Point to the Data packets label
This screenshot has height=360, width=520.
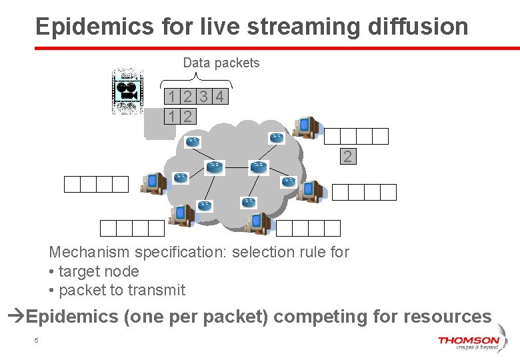pyautogui.click(x=221, y=63)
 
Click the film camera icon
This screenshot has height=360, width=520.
pyautogui.click(x=127, y=91)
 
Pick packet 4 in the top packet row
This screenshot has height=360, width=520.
pyautogui.click(x=220, y=97)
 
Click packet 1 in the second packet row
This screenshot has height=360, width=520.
pyautogui.click(x=173, y=117)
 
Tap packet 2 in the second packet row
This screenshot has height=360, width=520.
pyautogui.click(x=188, y=117)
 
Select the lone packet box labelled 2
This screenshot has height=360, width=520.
pyautogui.click(x=347, y=157)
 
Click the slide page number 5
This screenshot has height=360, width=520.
pyautogui.click(x=37, y=341)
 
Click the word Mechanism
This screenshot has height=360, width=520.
pyautogui.click(x=89, y=252)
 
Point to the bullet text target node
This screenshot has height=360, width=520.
pyautogui.click(x=99, y=271)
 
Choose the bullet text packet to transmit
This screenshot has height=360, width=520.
pyautogui.click(x=122, y=290)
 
